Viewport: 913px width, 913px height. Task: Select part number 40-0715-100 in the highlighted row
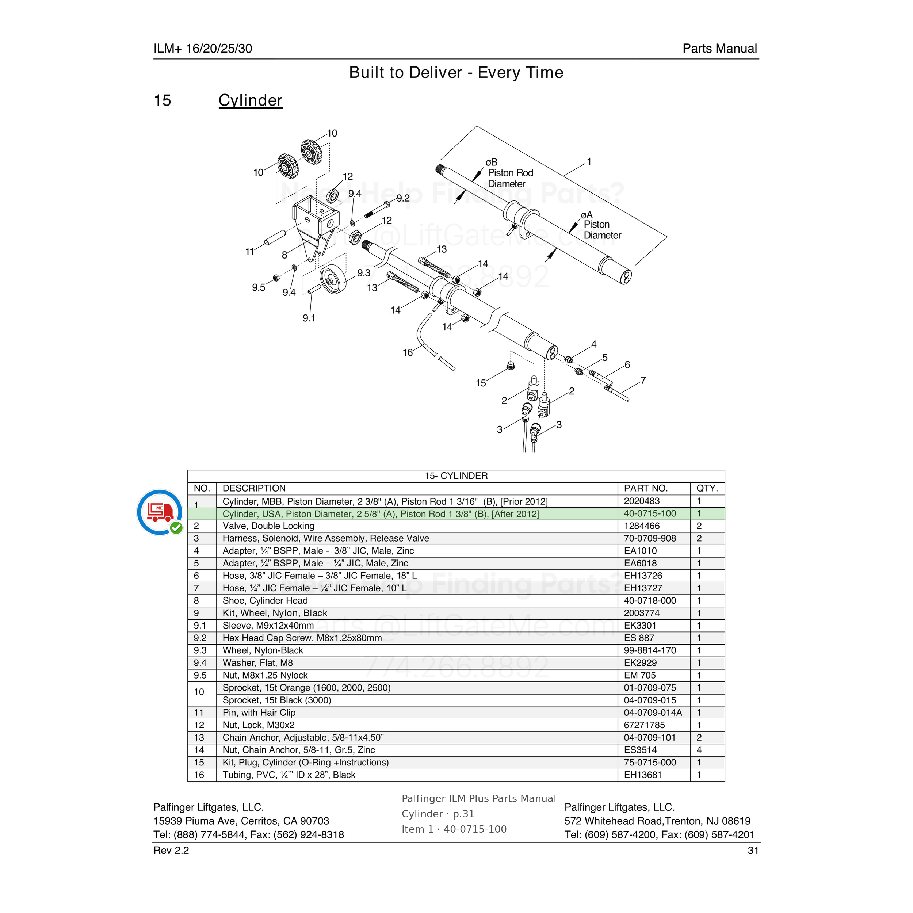[650, 514]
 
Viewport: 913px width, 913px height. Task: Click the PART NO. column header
[646, 488]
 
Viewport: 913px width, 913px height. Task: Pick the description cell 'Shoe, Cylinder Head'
[265, 601]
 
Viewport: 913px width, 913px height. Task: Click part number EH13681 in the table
[643, 775]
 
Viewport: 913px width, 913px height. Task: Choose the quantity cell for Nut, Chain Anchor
[699, 750]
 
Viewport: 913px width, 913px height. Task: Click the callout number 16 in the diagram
[407, 352]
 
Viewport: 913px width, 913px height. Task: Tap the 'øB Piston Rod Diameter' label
[509, 173]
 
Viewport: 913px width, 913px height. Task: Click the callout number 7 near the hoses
[643, 381]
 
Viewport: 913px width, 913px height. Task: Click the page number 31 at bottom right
[753, 851]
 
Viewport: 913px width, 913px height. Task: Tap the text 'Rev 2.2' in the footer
[171, 851]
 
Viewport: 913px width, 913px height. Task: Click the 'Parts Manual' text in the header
[720, 49]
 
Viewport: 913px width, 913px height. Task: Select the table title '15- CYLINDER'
[456, 476]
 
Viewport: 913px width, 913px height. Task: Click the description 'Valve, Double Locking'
[268, 526]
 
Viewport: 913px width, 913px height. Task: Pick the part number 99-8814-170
[650, 651]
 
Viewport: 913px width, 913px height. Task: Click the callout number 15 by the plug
[481, 383]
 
